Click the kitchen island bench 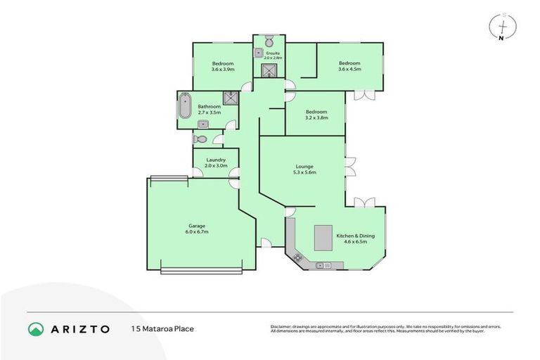323,236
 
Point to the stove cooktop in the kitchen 298,258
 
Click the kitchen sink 323,265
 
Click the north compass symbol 500,26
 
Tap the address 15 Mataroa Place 162,328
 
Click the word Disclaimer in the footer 283,327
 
